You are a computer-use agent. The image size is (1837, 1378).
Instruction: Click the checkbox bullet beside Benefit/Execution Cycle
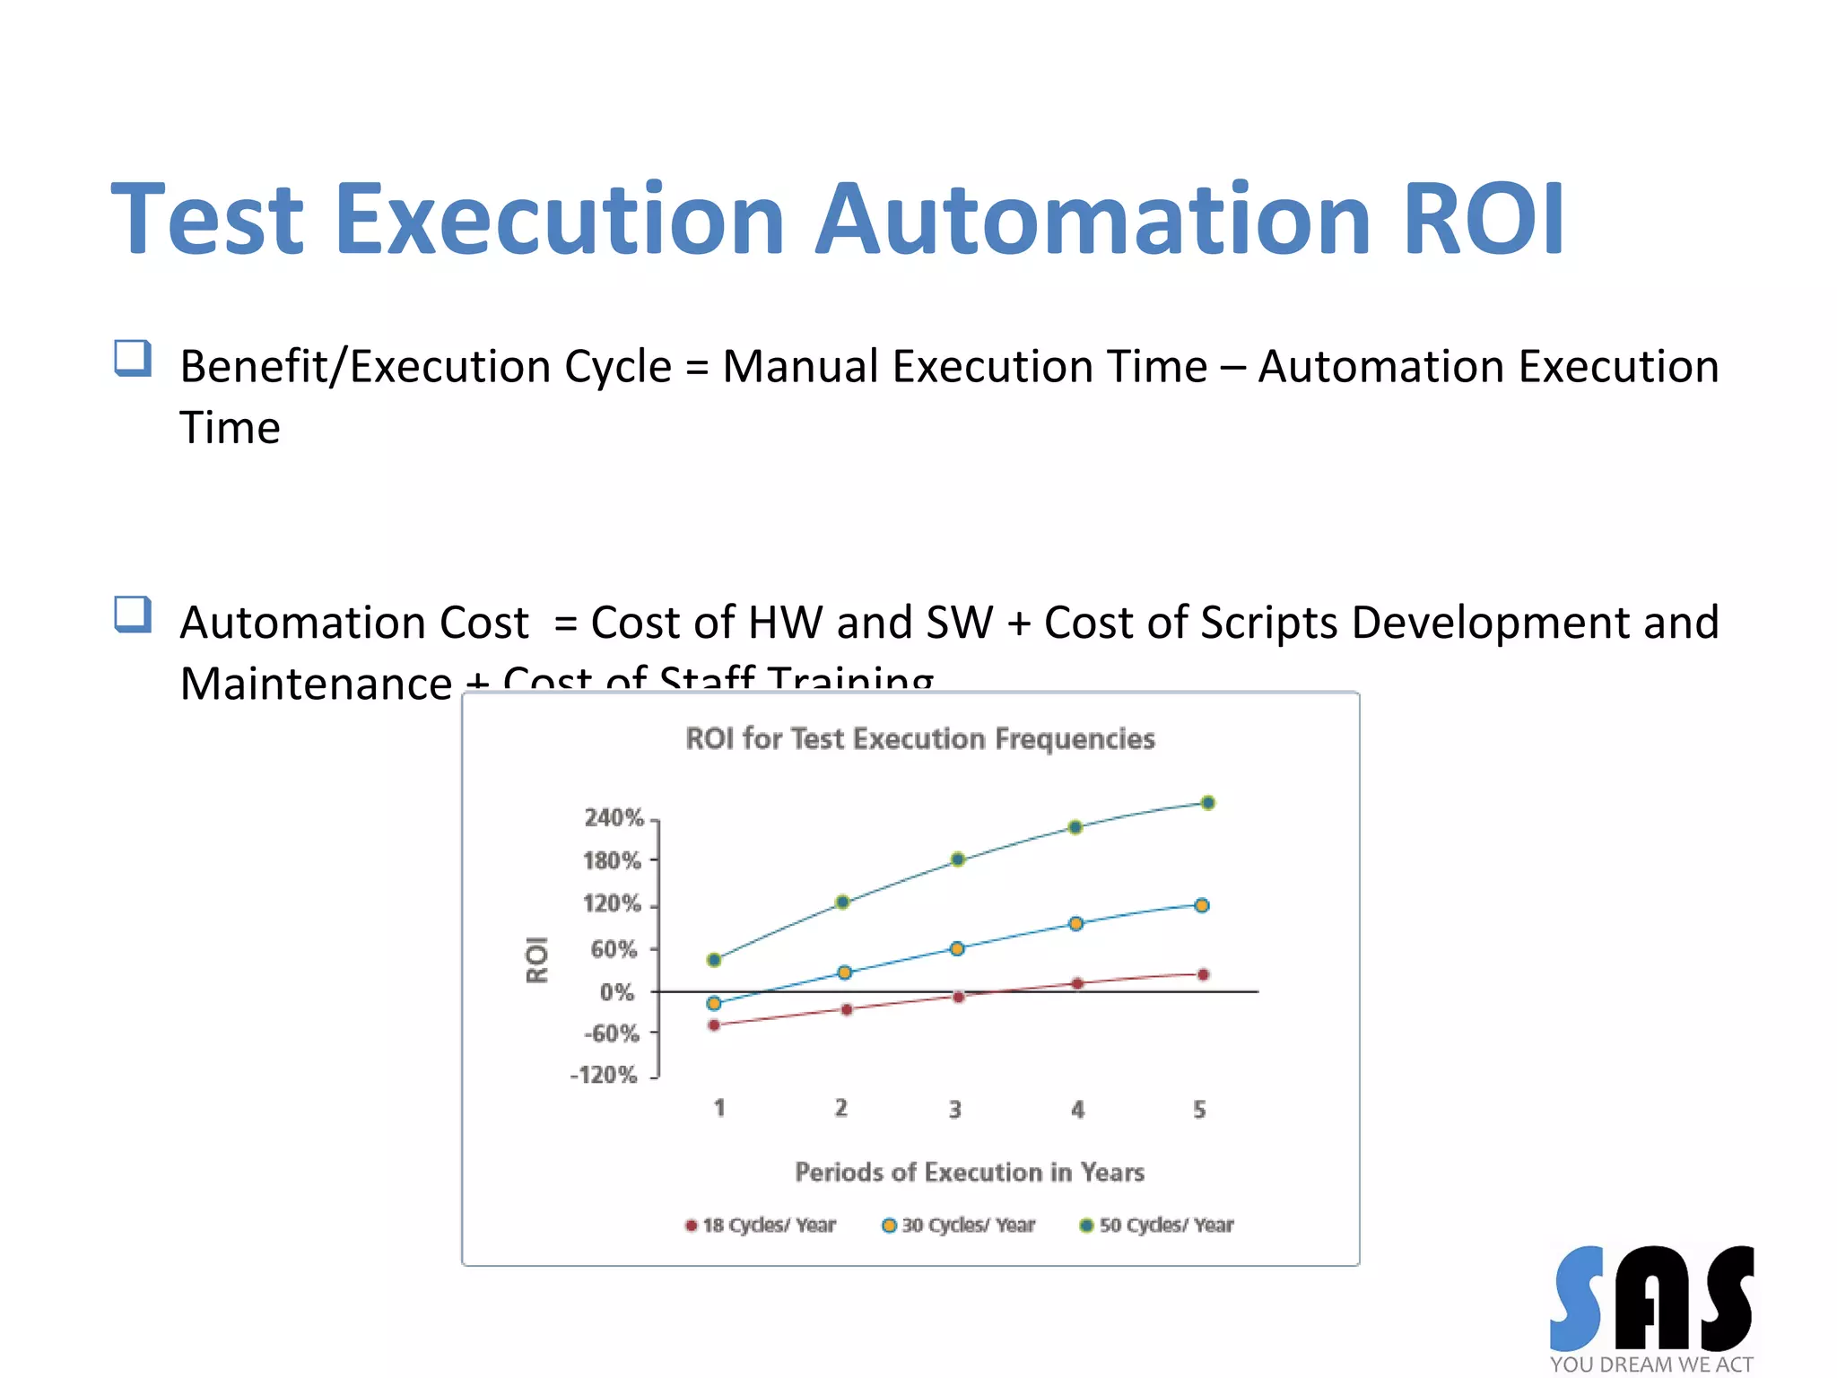pos(133,358)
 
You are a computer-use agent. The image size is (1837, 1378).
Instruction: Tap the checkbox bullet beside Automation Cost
pos(133,615)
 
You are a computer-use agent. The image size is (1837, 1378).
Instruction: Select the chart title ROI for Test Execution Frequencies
pos(919,738)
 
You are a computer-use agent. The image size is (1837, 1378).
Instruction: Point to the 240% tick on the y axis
pos(614,817)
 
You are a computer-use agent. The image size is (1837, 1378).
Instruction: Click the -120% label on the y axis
pos(604,1075)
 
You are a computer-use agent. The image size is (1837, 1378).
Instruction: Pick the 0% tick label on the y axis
pos(616,992)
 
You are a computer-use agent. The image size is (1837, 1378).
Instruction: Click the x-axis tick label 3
pos(955,1110)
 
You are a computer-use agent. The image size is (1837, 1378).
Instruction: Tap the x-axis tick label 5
pos(1199,1110)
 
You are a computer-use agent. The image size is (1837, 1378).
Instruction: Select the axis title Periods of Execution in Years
pos(970,1172)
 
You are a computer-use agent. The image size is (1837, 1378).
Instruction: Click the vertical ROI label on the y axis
pos(536,960)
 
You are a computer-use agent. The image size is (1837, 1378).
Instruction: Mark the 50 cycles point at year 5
pos(1208,803)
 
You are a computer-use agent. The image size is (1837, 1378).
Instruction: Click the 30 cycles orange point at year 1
pos(714,1003)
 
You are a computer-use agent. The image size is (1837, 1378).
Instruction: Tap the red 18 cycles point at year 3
pos(958,997)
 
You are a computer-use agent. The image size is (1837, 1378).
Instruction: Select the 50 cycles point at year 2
pos(842,902)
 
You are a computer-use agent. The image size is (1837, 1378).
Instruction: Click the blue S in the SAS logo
pos(1578,1298)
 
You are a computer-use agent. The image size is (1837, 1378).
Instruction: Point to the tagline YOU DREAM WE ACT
pos(1650,1365)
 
